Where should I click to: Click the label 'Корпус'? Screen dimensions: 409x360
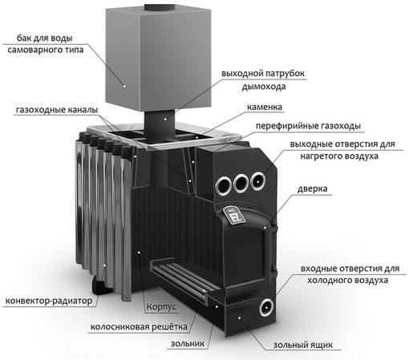tap(161, 306)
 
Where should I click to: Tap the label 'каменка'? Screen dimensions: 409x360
tap(265, 107)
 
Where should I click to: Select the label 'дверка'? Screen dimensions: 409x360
tap(312, 188)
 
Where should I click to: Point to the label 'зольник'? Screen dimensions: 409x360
tap(188, 343)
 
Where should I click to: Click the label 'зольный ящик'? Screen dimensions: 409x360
tap(303, 345)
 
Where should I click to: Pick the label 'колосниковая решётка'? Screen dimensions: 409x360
tap(139, 327)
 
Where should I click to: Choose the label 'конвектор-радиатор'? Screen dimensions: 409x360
tap(49, 301)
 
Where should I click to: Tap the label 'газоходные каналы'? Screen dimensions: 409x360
tap(57, 110)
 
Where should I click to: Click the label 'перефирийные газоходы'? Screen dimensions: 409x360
tap(308, 126)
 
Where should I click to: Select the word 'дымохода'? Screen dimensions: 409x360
tap(264, 87)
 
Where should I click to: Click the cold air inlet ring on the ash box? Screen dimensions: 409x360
tap(266, 307)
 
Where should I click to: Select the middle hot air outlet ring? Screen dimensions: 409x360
tap(241, 183)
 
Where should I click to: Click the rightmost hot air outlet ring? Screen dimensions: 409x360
tap(258, 181)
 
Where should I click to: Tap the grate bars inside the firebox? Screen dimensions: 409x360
tap(183, 278)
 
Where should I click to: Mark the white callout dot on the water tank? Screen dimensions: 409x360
tap(124, 86)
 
